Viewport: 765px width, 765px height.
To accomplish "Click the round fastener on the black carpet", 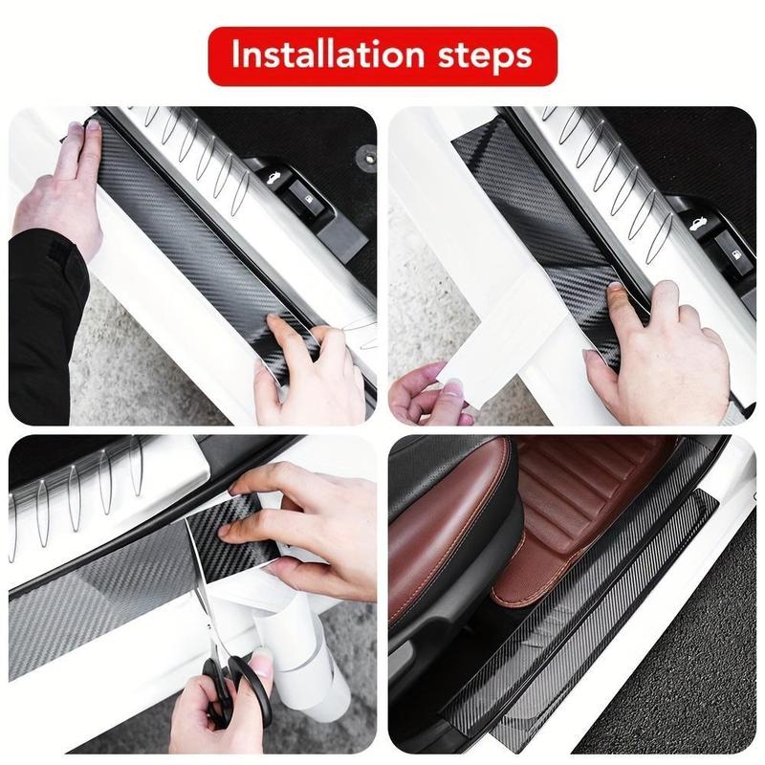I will (x=364, y=153).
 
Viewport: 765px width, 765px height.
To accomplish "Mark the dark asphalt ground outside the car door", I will (x=688, y=669).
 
